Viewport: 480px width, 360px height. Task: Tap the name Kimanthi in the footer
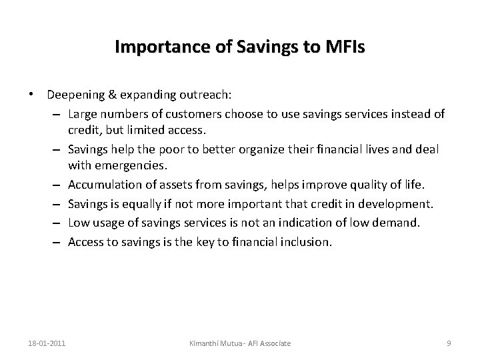click(x=205, y=343)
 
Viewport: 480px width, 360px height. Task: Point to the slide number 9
click(x=449, y=343)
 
